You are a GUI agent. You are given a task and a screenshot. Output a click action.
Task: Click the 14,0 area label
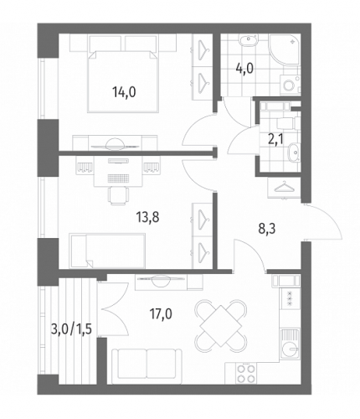pyautogui.click(x=124, y=92)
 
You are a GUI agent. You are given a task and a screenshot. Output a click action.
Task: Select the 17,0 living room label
pyautogui.click(x=160, y=313)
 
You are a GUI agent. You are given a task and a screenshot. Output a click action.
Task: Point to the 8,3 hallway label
pyautogui.click(x=266, y=229)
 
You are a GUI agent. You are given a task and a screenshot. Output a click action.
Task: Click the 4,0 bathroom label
pyautogui.click(x=244, y=68)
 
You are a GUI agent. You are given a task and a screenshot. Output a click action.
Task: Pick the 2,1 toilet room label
pyautogui.click(x=275, y=139)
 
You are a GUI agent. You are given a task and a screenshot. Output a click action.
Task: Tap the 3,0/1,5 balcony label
pyautogui.click(x=71, y=329)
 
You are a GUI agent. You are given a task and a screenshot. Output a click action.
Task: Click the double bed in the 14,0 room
pyautogui.click(x=123, y=81)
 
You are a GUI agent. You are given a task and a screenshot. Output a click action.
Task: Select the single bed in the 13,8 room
pyautogui.click(x=107, y=251)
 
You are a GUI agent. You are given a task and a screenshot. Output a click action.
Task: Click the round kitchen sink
pyautogui.click(x=290, y=349)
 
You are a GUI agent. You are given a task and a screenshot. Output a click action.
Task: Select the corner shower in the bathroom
pyautogui.click(x=285, y=49)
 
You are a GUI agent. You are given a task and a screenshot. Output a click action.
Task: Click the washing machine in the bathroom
pyautogui.click(x=289, y=84)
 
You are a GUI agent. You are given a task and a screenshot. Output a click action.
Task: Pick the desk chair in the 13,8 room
pyautogui.click(x=119, y=195)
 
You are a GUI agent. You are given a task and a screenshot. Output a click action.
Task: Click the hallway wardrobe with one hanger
pyautogui.click(x=284, y=188)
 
